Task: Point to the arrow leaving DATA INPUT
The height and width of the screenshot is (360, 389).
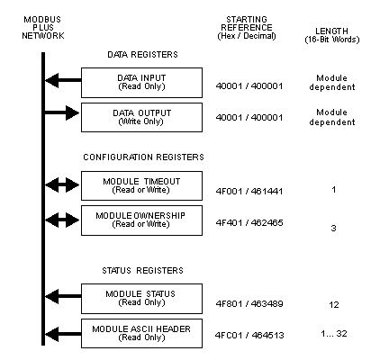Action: pyautogui.click(x=63, y=80)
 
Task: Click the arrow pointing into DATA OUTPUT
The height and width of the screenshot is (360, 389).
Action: pyautogui.click(x=62, y=112)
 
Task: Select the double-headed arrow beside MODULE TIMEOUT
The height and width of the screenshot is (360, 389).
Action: pyautogui.click(x=62, y=184)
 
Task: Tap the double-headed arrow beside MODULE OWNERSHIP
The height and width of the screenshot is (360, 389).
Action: pyautogui.click(x=62, y=220)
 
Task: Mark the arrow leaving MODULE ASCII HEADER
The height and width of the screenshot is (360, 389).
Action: pyautogui.click(x=63, y=334)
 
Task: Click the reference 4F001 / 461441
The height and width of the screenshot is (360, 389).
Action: pyautogui.click(x=249, y=191)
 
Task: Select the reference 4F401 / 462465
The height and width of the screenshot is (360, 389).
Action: pyautogui.click(x=249, y=222)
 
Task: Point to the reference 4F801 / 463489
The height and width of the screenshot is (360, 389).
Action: pyautogui.click(x=249, y=303)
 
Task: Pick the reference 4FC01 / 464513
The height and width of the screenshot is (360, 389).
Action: pyautogui.click(x=249, y=335)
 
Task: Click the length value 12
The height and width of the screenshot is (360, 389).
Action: pyautogui.click(x=334, y=305)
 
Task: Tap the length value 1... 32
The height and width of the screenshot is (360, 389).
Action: pyautogui.click(x=334, y=333)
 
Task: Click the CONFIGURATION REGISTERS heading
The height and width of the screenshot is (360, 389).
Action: pyautogui.click(x=143, y=157)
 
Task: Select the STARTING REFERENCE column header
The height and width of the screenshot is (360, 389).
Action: pyautogui.click(x=247, y=28)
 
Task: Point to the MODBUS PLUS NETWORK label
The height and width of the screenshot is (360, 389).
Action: pyautogui.click(x=43, y=28)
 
